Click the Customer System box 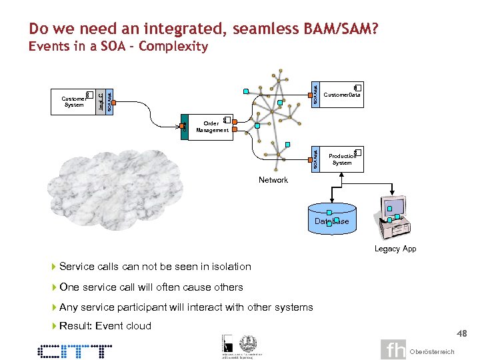click(74, 101)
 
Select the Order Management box click(213, 127)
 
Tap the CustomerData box click(342, 95)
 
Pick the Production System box click(342, 159)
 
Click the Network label click(273, 180)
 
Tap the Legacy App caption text click(395, 249)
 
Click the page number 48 click(462, 334)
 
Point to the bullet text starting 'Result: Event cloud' click(105, 326)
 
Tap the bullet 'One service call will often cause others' click(151, 287)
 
